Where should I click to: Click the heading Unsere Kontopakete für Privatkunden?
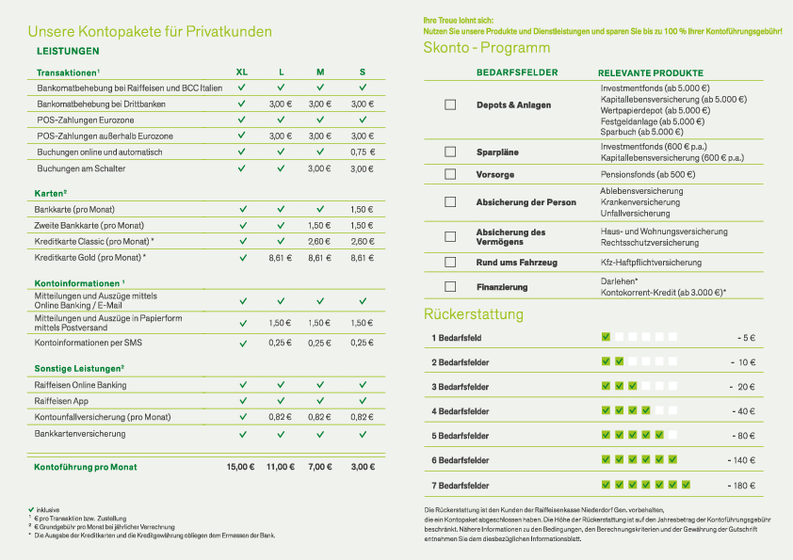point(150,32)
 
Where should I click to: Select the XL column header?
point(242,72)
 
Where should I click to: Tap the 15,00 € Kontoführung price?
point(241,466)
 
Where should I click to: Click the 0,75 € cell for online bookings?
point(363,152)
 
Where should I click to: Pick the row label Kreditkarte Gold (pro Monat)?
point(90,257)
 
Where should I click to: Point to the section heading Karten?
point(51,193)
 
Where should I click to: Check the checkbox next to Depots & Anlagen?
point(450,104)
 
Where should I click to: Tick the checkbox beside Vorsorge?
point(450,175)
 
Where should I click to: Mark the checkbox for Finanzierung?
point(450,286)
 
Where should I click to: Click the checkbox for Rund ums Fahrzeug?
point(450,262)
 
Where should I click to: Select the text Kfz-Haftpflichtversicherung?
point(651,262)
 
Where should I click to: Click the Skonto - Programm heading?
point(487,48)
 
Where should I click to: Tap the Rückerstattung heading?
point(474,314)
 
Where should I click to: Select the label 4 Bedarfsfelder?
point(461,411)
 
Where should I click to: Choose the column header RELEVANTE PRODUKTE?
point(650,72)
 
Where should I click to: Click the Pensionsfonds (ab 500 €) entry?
point(647,175)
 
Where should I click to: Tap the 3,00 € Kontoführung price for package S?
point(363,466)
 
